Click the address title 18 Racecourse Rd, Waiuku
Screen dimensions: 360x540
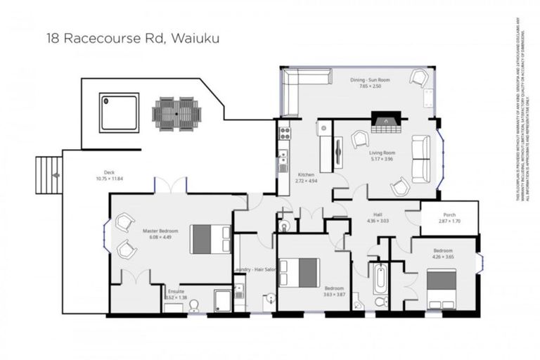pyautogui.click(x=132, y=38)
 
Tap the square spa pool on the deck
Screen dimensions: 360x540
pyautogui.click(x=119, y=112)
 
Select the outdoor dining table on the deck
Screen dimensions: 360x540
pyautogui.click(x=176, y=113)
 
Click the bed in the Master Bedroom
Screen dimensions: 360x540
pyautogui.click(x=211, y=239)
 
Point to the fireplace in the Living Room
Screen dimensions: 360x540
pyautogui.click(x=386, y=124)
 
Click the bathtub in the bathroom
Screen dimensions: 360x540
pyautogui.click(x=380, y=278)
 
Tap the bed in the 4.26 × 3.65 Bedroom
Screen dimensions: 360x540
pyautogui.click(x=442, y=288)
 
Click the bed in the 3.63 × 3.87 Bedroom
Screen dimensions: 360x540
pyautogui.click(x=300, y=273)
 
